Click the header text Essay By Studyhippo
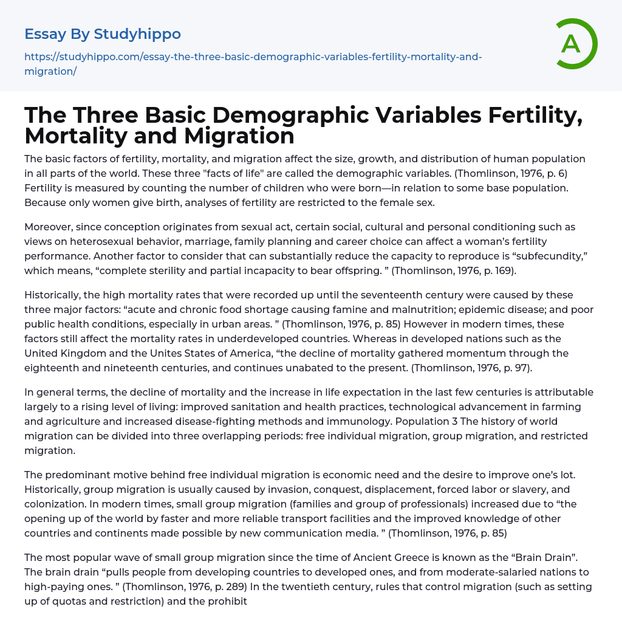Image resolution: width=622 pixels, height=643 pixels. point(103,33)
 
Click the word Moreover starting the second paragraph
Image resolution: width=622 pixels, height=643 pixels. point(48,227)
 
